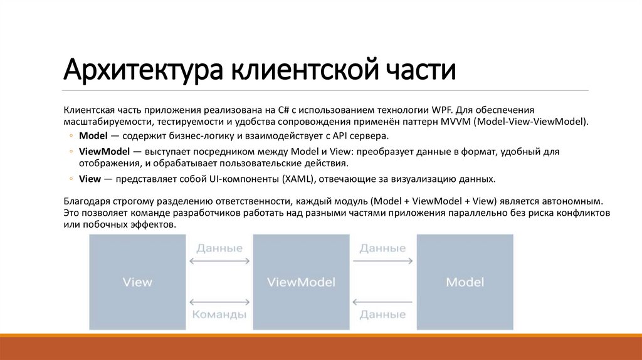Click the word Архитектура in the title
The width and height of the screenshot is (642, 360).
pyautogui.click(x=144, y=71)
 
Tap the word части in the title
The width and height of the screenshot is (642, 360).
pyautogui.click(x=419, y=71)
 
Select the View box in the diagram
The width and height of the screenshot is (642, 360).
pyautogui.click(x=137, y=282)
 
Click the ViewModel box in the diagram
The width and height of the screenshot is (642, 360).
pyautogui.click(x=301, y=282)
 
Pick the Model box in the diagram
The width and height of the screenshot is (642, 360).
pyautogui.click(x=465, y=282)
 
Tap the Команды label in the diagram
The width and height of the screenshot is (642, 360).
pyautogui.click(x=219, y=315)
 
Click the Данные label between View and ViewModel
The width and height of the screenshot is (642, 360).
pyautogui.click(x=219, y=248)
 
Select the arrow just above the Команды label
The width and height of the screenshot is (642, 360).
pyautogui.click(x=219, y=302)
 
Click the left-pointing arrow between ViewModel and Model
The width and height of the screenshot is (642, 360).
pyautogui.click(x=383, y=302)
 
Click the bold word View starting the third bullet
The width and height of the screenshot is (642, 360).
pyautogui.click(x=90, y=179)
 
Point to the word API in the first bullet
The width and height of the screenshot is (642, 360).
pyautogui.click(x=339, y=135)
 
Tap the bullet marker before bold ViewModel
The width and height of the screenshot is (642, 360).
pyautogui.click(x=71, y=152)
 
